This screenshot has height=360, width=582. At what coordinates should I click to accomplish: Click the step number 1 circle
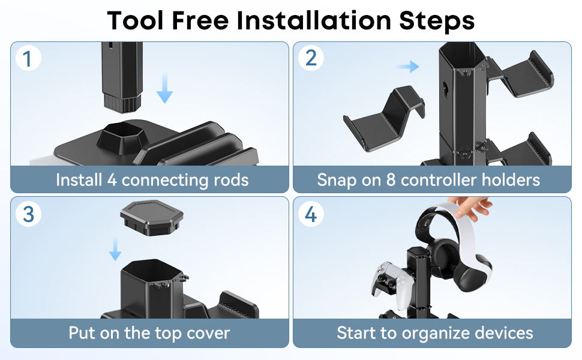28,59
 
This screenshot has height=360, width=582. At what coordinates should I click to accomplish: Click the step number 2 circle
311,58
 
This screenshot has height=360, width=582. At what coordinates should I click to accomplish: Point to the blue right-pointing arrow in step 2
409,66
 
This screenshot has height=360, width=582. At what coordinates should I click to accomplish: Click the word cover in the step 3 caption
208,333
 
